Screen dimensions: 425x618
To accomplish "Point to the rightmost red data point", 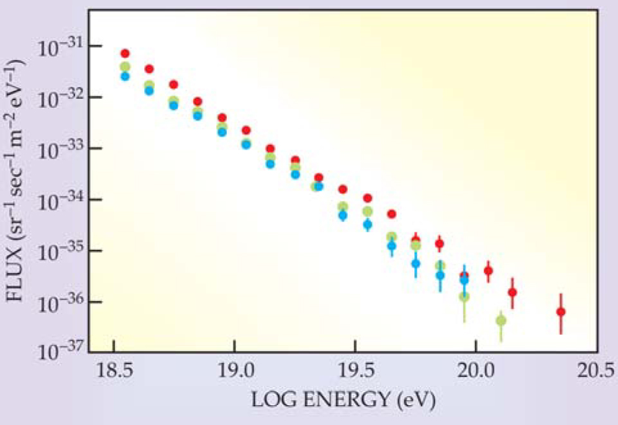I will pyautogui.click(x=561, y=312).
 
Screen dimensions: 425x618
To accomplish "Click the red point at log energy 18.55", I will pyautogui.click(x=125, y=53).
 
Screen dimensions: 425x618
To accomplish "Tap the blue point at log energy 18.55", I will pyautogui.click(x=125, y=76).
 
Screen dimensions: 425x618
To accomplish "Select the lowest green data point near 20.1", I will pyautogui.click(x=501, y=320).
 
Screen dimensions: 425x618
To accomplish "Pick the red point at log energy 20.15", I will pyautogui.click(x=513, y=292).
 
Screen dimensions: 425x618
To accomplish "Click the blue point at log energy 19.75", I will pyautogui.click(x=416, y=263).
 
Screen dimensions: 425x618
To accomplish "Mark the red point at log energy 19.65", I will pyautogui.click(x=392, y=214).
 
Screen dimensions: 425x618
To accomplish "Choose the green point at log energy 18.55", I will pyautogui.click(x=125, y=67).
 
